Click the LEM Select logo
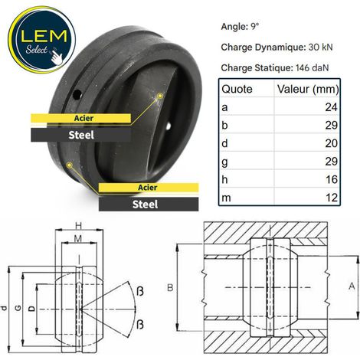point(42,40)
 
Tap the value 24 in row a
point(331,107)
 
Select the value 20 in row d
point(331,143)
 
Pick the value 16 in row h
point(332,179)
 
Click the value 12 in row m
point(332,198)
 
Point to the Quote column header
point(237,89)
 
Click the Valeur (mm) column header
point(308,89)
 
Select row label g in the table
point(224,162)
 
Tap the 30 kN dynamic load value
point(320,47)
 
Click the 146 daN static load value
point(312,68)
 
